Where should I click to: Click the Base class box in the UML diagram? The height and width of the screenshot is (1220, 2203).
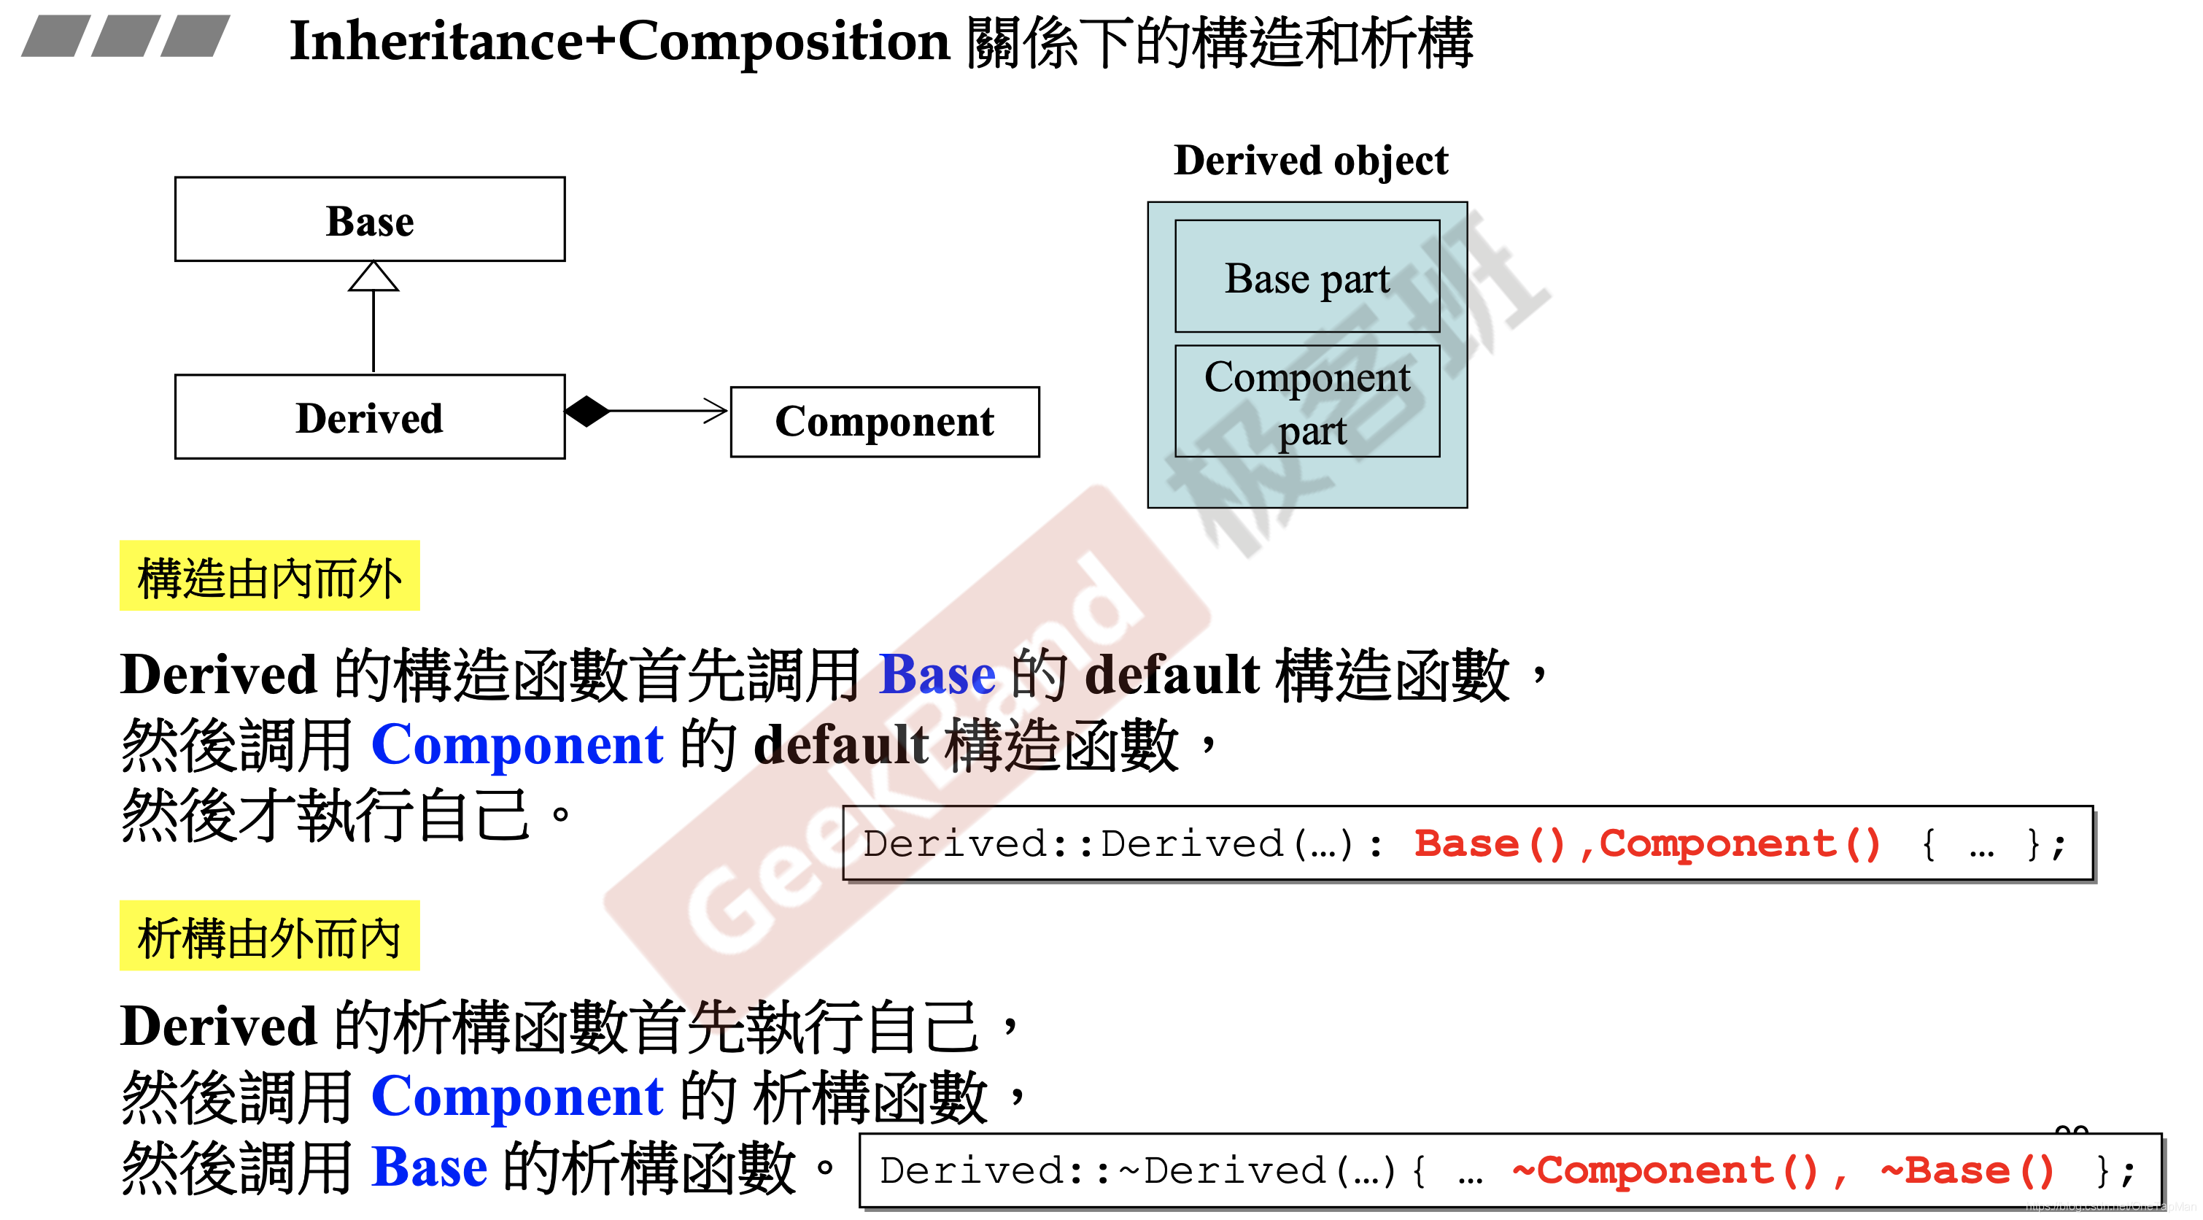(369, 220)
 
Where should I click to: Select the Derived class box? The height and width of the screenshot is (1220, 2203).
(369, 417)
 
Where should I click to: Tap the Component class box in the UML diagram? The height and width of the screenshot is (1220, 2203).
(884, 422)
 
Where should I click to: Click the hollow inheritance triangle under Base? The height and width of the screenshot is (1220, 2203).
(373, 277)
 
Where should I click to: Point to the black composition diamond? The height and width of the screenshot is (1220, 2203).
(587, 412)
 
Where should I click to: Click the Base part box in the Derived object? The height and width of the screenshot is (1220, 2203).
(1306, 277)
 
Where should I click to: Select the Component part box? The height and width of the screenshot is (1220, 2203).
(1306, 402)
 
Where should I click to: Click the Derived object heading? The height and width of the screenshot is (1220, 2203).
(1310, 161)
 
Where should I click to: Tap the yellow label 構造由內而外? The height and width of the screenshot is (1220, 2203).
(269, 576)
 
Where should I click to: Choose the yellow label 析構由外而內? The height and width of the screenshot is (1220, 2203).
(269, 937)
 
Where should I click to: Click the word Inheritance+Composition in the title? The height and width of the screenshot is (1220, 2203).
(619, 41)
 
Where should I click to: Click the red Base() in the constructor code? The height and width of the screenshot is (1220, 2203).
(1489, 844)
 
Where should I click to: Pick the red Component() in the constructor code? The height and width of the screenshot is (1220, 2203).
(1738, 844)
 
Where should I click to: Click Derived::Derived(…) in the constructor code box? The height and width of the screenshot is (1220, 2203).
(1120, 844)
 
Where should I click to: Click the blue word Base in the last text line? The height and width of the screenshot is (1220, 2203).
(430, 1167)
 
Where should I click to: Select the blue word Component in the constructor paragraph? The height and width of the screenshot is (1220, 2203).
(516, 744)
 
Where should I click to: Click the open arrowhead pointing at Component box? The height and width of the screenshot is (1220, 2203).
(715, 412)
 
